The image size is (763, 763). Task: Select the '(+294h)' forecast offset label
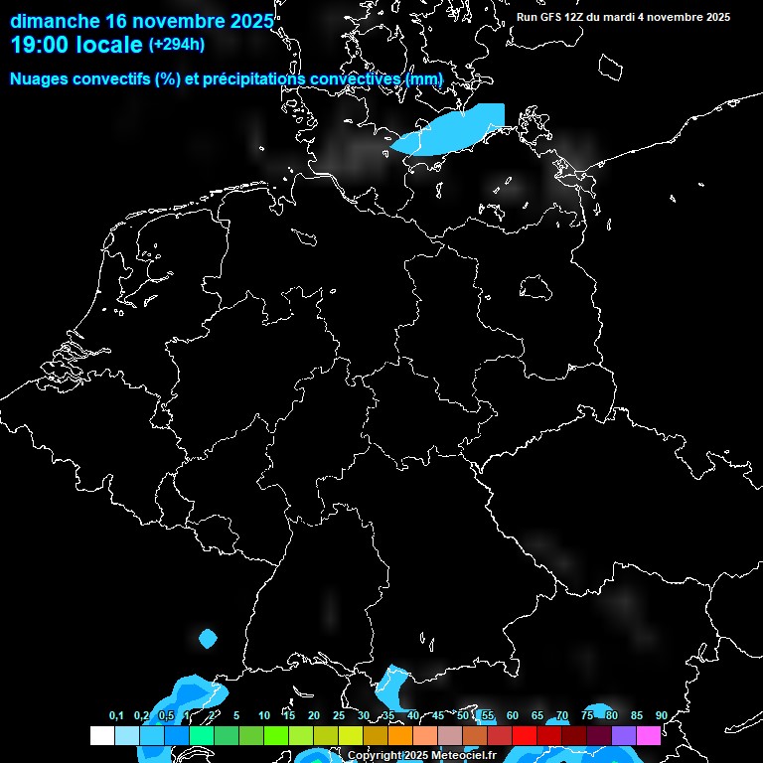coord(177,45)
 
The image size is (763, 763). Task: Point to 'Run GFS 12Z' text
coord(550,17)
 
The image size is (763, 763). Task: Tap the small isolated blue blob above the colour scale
coord(208,638)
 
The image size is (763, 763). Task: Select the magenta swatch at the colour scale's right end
coord(649,736)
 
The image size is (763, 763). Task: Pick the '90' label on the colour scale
coord(661,715)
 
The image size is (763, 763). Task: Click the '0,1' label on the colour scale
coord(116,715)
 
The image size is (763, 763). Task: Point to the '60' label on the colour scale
coord(512,715)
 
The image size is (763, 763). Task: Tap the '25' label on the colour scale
coord(338,715)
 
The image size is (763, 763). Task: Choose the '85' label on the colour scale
coord(636,715)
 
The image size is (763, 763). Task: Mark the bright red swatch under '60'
coord(525,736)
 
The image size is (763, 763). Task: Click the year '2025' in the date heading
coord(242,21)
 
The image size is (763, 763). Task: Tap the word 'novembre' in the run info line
coord(673,17)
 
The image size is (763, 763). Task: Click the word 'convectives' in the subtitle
coord(353,78)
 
